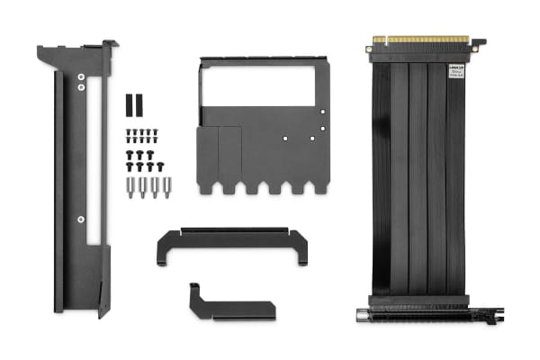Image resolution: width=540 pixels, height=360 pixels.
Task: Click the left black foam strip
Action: coord(129,103)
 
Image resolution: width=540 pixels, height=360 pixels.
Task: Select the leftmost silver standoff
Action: coord(130,188)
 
